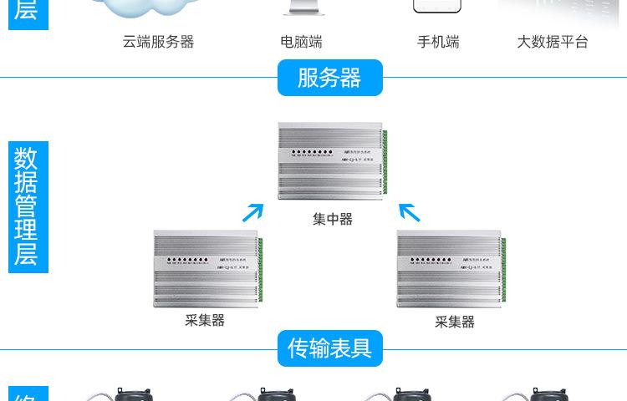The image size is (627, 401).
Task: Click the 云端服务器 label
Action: pos(158,42)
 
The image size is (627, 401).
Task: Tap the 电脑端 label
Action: pos(301,42)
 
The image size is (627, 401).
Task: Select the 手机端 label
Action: pos(438,42)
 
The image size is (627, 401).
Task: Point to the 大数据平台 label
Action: pos(553,42)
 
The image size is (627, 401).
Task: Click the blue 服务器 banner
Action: pos(329,78)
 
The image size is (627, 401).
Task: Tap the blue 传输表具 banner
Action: pos(329,348)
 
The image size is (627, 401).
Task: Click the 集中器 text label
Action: pos(333,219)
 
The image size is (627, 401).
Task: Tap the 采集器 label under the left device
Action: pos(205,320)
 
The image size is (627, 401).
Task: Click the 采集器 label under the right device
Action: pos(454,322)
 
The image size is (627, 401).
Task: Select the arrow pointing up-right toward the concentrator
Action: pos(252,212)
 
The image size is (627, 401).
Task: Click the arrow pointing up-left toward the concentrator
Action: pos(409,212)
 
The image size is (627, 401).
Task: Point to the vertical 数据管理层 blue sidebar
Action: pos(28,206)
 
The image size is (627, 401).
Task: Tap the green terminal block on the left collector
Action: pos(260,269)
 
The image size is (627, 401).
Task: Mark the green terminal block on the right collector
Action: pos(504,269)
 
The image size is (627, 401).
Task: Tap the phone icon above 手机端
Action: pos(437,6)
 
